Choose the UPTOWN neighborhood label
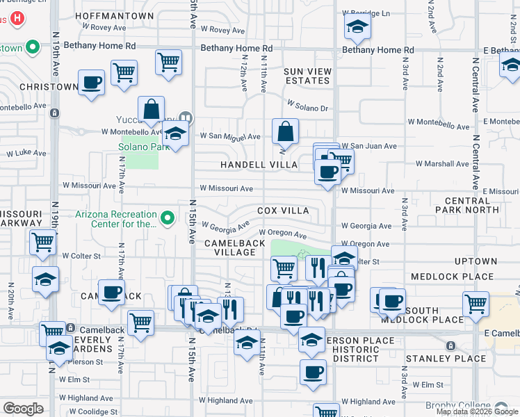tap(476, 261)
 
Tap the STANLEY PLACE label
tap(446, 359)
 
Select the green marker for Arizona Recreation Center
tap(167, 219)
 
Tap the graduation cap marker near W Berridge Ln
tap(357, 28)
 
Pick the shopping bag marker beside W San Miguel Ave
tap(285, 131)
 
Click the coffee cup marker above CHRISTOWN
tap(91, 83)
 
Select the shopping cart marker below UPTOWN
tap(476, 303)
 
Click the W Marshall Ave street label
tap(442, 164)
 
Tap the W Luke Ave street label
tap(25, 153)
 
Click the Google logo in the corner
tap(23, 408)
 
